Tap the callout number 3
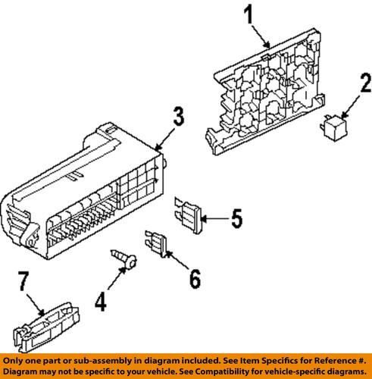(176, 117)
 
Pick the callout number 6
(194, 279)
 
